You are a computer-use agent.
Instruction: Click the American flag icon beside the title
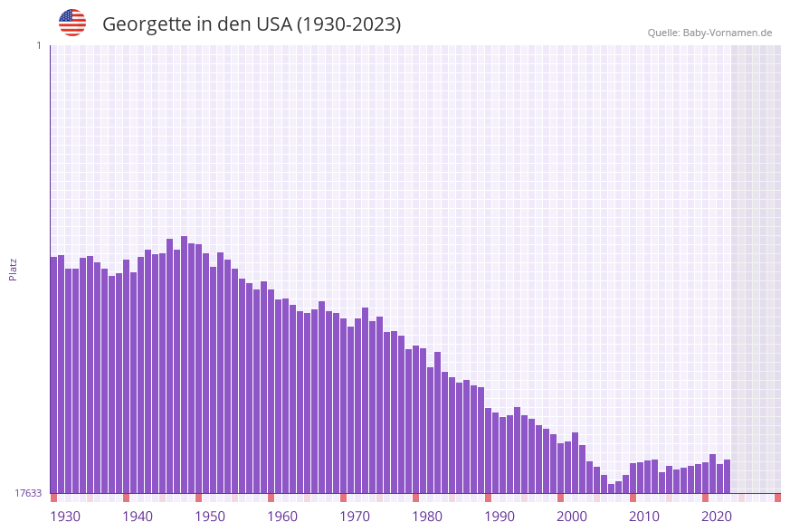(x=72, y=23)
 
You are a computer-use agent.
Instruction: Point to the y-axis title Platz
(x=14, y=269)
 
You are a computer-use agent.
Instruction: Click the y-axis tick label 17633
(x=27, y=493)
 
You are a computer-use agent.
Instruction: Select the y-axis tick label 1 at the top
(x=38, y=45)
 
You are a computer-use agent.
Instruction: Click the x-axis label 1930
(x=65, y=516)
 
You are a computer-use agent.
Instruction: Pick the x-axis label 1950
(x=210, y=516)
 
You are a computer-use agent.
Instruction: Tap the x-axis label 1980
(x=427, y=516)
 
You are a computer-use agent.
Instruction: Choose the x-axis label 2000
(x=572, y=516)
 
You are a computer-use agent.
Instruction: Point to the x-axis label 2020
(x=717, y=516)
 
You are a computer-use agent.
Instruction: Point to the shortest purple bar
(x=612, y=488)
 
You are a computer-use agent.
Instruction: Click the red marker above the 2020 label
(x=706, y=498)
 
